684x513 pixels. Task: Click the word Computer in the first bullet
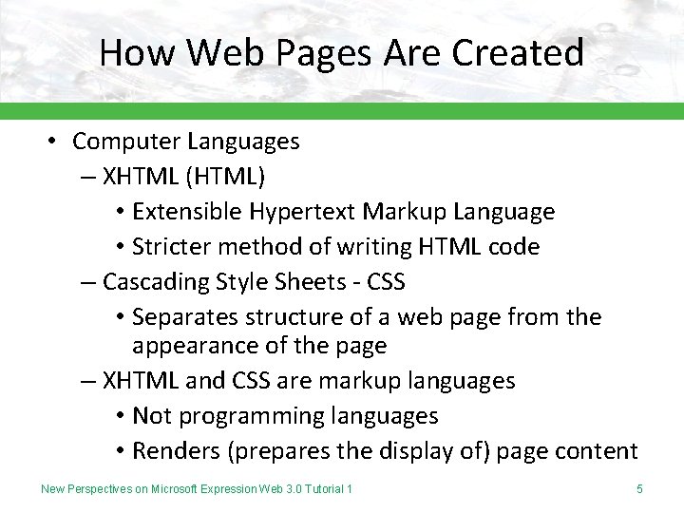(x=126, y=142)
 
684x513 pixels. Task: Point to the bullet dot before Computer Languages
(x=54, y=142)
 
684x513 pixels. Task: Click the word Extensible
(x=186, y=211)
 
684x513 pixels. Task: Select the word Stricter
(x=173, y=247)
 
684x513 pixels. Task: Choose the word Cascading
(x=157, y=282)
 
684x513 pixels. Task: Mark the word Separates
(x=185, y=316)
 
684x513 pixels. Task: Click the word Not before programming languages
(x=150, y=415)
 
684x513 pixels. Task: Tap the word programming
(x=249, y=417)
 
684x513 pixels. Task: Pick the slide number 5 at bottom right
(x=639, y=489)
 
